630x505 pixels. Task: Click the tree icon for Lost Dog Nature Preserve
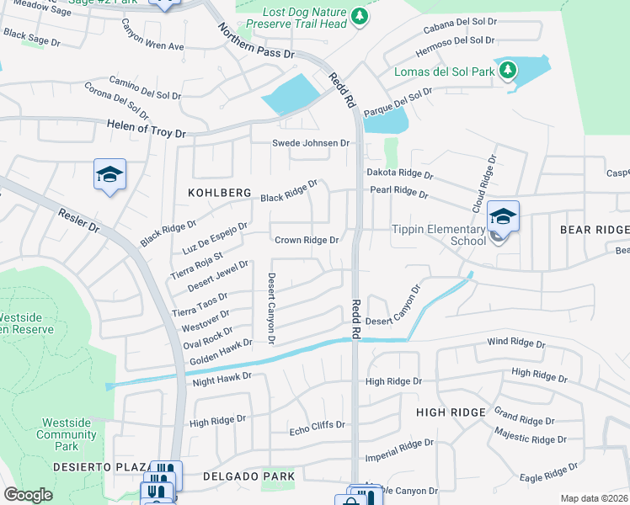pos(360,16)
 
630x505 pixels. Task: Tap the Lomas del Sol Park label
pos(444,72)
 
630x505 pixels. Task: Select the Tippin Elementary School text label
pos(438,235)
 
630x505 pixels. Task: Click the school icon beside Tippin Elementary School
pos(503,217)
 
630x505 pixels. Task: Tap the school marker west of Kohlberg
pos(109,174)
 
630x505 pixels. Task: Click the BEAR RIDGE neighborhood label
pos(594,230)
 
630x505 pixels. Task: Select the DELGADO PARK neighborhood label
pos(249,476)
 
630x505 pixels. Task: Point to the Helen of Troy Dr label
pos(146,129)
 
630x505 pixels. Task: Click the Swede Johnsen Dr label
pos(310,143)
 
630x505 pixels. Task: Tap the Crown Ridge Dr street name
pos(307,240)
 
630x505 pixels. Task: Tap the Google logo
pos(29,495)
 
